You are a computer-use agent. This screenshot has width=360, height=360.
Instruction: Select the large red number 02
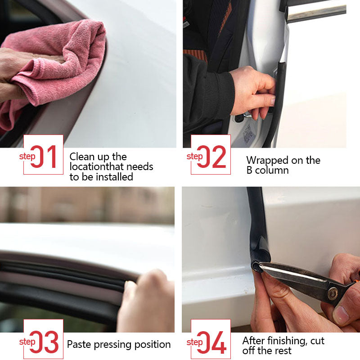click(x=211, y=157)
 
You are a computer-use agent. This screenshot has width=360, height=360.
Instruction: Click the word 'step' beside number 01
click(x=27, y=157)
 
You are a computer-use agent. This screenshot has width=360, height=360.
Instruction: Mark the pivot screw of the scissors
click(x=333, y=293)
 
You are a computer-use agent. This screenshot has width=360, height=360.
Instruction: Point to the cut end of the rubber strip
click(x=256, y=267)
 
